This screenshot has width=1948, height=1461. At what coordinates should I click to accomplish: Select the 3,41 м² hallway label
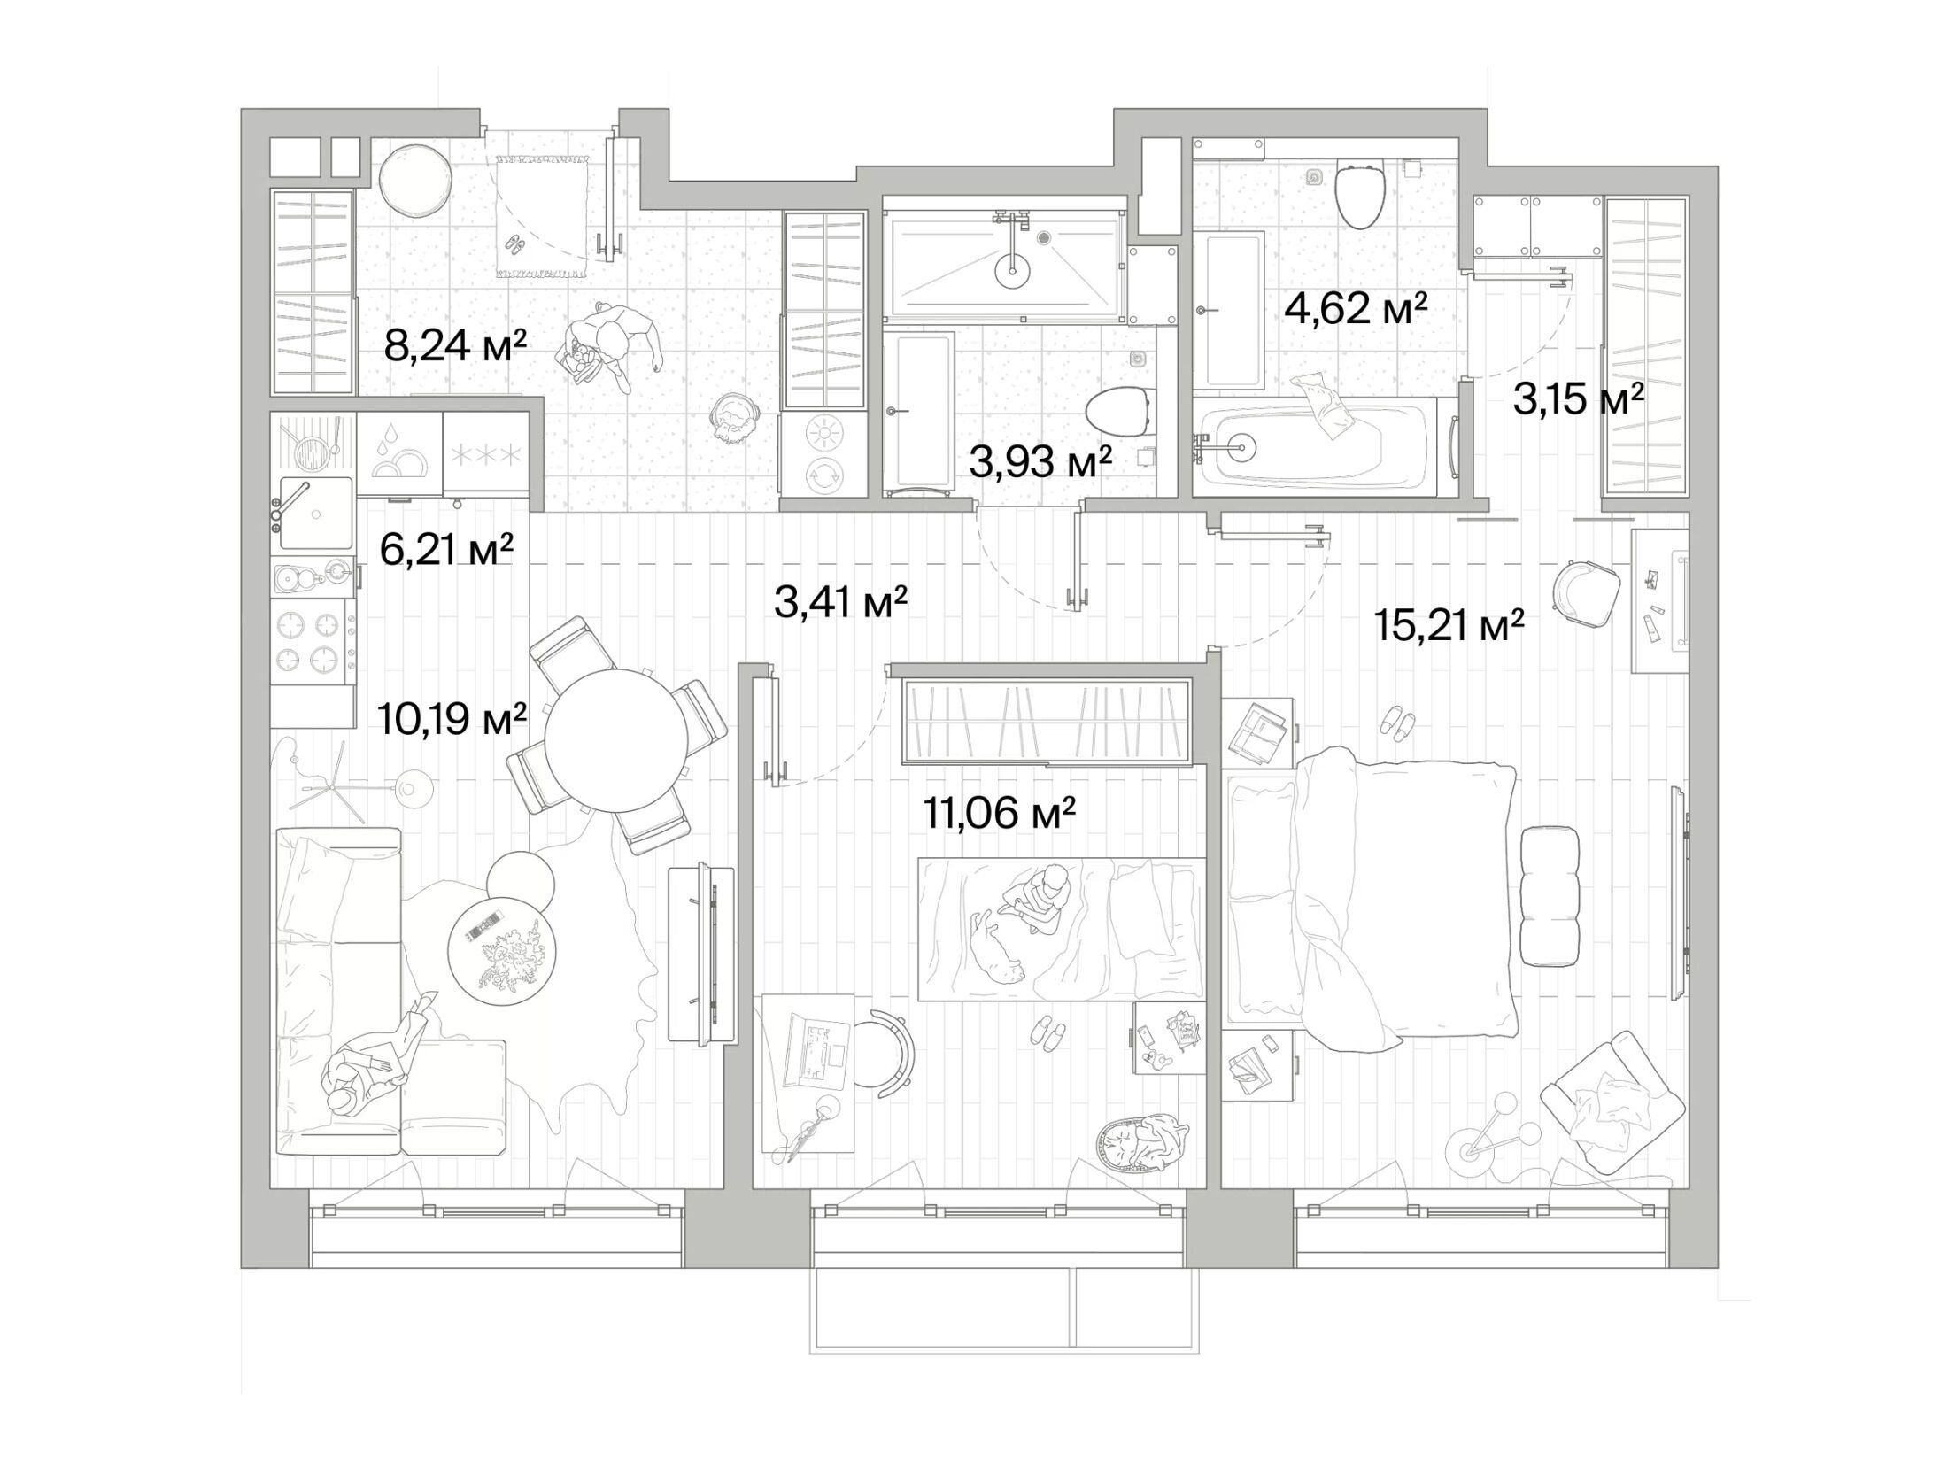[x=840, y=602]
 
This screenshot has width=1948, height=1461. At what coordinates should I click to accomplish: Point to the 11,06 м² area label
[x=999, y=812]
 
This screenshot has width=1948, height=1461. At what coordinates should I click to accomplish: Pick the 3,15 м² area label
[x=1578, y=399]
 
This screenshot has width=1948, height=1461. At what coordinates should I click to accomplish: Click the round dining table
[x=616, y=740]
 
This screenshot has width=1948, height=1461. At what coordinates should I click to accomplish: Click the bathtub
[x=1325, y=447]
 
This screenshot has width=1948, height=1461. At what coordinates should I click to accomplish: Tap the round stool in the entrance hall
[x=415, y=182]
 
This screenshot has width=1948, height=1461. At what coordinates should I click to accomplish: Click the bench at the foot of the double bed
[x=1550, y=895]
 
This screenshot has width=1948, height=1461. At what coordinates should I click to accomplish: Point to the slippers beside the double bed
[x=1397, y=722]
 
